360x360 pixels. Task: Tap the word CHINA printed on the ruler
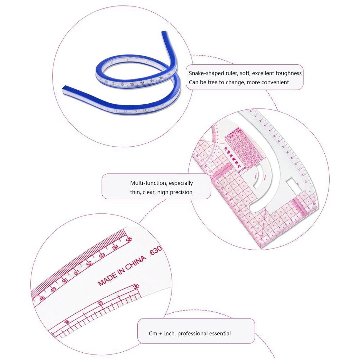click(136, 263)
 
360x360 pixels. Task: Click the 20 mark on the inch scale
click(136, 287)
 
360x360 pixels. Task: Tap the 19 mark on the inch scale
click(100, 304)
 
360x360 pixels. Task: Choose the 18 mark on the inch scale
click(67, 322)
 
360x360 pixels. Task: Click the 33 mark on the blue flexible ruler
click(142, 83)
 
